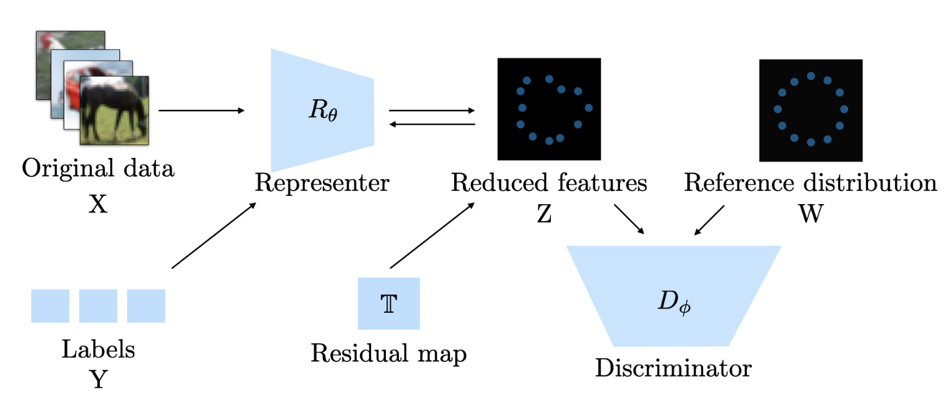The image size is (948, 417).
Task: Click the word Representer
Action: [x=322, y=183]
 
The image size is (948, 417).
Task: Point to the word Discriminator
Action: [x=673, y=368]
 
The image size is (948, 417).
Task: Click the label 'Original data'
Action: [x=98, y=168]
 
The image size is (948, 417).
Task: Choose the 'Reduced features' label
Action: [x=548, y=183]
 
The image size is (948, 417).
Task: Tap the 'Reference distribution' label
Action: [x=810, y=183]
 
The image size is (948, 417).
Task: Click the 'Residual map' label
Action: [x=388, y=354]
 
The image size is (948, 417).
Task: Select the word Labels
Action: [x=98, y=349]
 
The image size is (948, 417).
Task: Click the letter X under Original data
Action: [x=98, y=204]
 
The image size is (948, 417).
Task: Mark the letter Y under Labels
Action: [x=98, y=378]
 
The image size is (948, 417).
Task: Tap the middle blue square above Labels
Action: [x=98, y=306]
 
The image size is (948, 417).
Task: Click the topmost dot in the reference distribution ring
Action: [x=811, y=76]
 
